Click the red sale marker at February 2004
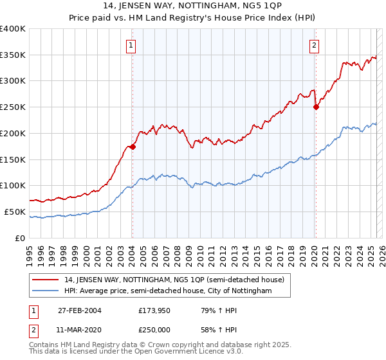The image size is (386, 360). [x=133, y=147]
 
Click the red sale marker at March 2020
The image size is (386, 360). [x=316, y=107]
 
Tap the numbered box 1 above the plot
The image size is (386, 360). [x=131, y=45]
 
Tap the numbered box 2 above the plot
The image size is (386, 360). [x=314, y=45]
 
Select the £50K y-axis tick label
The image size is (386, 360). [x=15, y=212]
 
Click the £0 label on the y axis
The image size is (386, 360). [x=21, y=238]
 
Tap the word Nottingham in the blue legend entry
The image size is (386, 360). [x=253, y=291]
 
